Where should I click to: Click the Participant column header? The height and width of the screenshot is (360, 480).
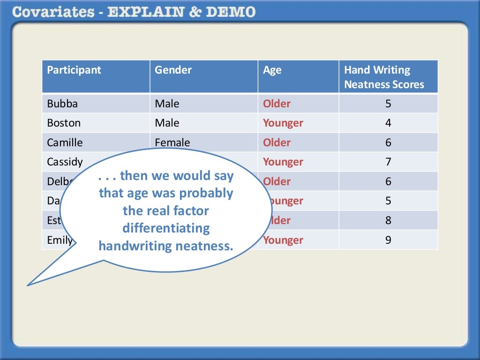[74, 70]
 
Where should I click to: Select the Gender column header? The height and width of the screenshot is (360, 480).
[173, 70]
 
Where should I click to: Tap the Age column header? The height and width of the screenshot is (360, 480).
[272, 70]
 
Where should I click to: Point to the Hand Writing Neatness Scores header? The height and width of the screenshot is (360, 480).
[384, 77]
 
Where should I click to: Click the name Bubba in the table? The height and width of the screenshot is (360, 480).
[62, 104]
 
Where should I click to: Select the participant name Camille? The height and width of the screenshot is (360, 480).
[65, 142]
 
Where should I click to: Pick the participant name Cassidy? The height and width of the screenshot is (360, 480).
[65, 162]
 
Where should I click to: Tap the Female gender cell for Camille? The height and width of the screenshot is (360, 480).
[172, 142]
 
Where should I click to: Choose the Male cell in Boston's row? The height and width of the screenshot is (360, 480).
[167, 123]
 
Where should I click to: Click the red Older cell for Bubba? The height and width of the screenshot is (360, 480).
[277, 104]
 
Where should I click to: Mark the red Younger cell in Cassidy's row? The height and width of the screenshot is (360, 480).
[283, 162]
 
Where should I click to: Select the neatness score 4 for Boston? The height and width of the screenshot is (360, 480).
[388, 123]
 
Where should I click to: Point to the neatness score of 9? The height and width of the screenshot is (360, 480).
[388, 240]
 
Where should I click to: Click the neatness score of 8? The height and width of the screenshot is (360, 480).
[388, 220]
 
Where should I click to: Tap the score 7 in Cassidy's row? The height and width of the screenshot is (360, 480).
[388, 162]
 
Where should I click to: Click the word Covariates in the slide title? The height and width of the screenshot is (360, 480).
[54, 12]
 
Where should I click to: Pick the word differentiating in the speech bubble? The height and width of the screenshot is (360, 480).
[166, 228]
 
